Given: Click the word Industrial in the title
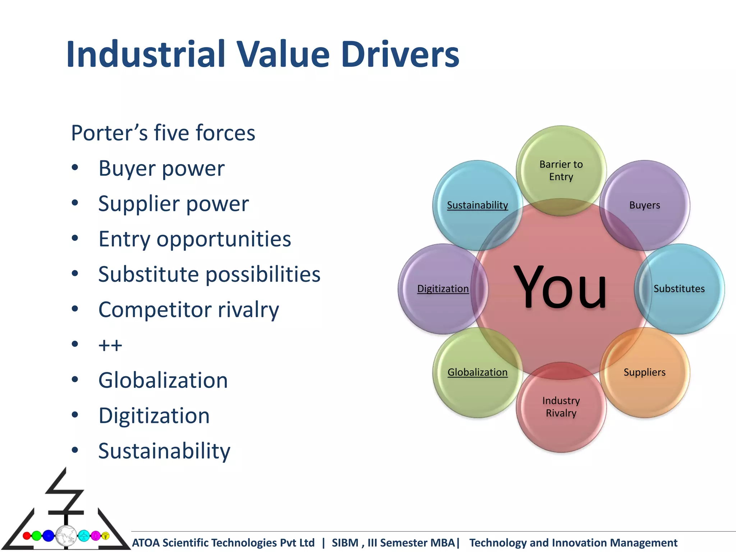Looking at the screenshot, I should pos(146,54).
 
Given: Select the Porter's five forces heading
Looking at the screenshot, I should pos(163,133).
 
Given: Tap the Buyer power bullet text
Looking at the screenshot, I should pos(161,169).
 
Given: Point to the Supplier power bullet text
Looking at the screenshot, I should pos(173,204).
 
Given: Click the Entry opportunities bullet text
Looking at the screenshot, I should pos(194,239).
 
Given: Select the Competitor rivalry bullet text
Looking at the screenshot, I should pos(189,310).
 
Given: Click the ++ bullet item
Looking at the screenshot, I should pos(110,345).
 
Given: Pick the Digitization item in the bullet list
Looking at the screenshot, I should pos(154,416).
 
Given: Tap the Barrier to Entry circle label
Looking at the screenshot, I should pos(561,170).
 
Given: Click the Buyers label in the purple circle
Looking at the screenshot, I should pos(644,205).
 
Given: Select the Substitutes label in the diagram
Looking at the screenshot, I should pos(679,289).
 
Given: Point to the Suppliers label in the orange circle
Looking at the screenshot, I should pos(644,372).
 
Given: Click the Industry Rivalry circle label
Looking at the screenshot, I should pos(561,407).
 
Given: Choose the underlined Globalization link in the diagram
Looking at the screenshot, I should pos(477,372).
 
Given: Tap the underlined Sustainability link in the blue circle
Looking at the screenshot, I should pos(477,205).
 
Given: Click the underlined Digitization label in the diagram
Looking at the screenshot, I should pos(443,289).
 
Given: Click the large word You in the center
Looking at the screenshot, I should pos(560,287).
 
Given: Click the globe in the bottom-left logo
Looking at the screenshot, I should pos(66,535).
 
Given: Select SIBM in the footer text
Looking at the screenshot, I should pos(345,543).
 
